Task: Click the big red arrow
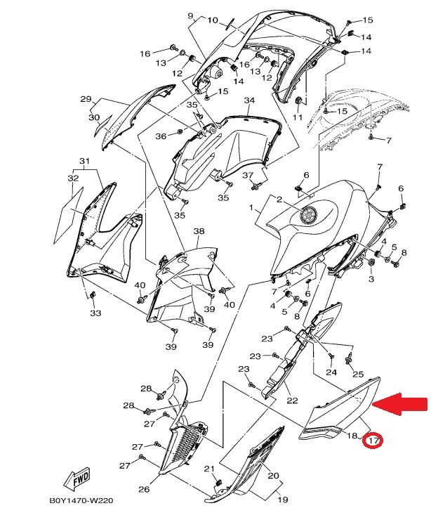tap(401, 404)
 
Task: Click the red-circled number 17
tap(373, 440)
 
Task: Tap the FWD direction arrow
tap(77, 478)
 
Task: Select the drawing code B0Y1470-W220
tap(81, 501)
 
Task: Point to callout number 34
tap(249, 100)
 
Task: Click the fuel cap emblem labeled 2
tap(309, 216)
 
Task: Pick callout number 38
tap(199, 231)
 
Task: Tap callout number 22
tap(292, 400)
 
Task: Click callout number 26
tap(144, 490)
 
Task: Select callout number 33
tap(95, 313)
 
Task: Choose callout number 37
tap(248, 175)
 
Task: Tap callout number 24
tap(331, 372)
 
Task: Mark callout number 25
tap(358, 374)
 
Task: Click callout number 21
tap(209, 469)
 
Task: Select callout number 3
tap(371, 279)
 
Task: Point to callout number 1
tap(251, 207)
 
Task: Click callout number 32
tap(73, 178)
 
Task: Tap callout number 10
tap(213, 20)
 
